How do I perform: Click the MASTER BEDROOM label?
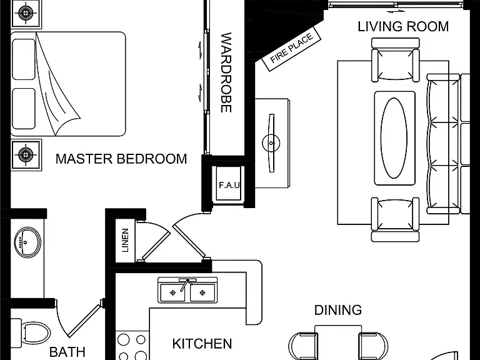121,159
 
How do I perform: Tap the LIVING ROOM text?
403,26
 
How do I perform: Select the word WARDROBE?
226,72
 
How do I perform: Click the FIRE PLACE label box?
292,49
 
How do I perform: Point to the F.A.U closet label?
229,185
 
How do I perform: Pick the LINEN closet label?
125,240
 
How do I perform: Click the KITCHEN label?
202,344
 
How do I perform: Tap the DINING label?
338,310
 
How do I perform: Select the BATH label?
67,352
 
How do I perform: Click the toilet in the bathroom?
31,332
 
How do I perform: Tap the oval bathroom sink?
27,242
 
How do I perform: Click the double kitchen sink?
187,290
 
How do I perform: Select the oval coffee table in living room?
394,138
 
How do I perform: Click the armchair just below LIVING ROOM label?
395,60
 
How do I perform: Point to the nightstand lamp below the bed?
26,154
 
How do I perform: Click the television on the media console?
271,143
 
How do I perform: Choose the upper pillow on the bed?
24,59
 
